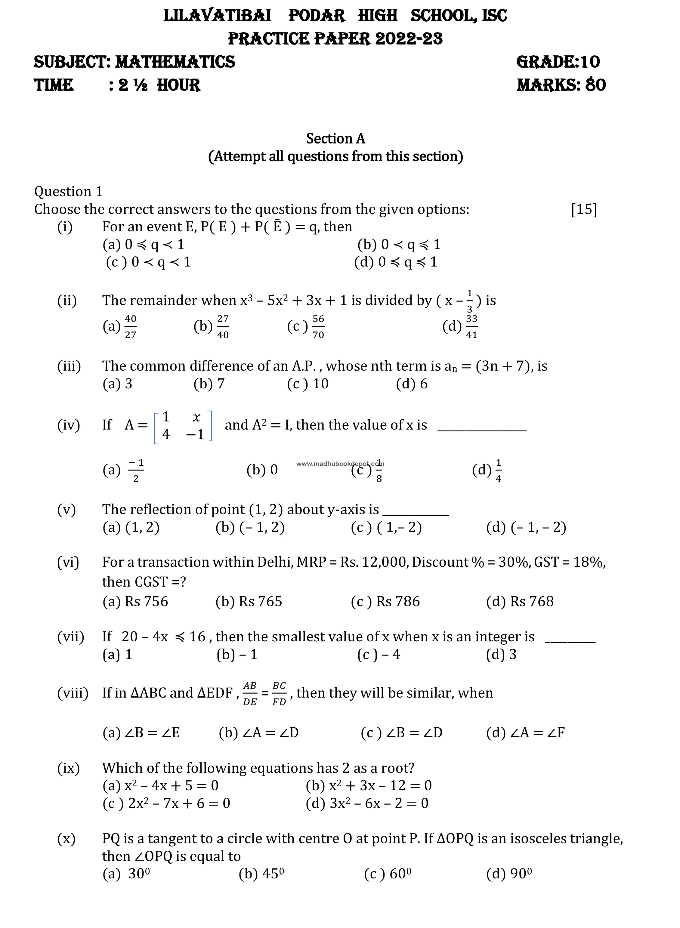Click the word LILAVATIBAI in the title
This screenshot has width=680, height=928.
click(x=217, y=16)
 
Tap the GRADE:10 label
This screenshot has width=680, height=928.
click(x=558, y=62)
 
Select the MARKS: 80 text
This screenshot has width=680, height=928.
click(x=561, y=85)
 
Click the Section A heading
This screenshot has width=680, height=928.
click(x=335, y=139)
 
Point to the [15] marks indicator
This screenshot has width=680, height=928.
click(x=584, y=209)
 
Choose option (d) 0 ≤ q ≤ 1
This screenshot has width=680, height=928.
click(x=396, y=262)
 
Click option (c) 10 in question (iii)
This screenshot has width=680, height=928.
click(x=308, y=384)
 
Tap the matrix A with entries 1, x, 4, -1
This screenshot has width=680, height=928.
click(x=183, y=426)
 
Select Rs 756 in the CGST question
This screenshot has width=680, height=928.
click(x=135, y=601)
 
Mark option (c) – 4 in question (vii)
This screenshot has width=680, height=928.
click(x=379, y=654)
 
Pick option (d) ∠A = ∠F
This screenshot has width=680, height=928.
click(x=525, y=732)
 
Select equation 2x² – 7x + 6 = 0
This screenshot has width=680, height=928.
click(x=166, y=803)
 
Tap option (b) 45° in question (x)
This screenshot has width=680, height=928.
click(x=261, y=873)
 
